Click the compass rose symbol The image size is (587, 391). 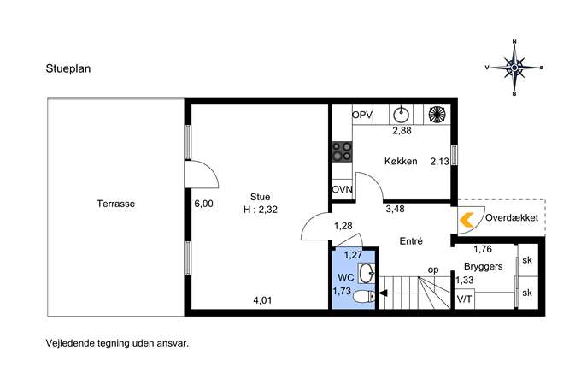514,68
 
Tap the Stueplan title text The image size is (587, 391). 68,69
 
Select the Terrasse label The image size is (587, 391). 115,204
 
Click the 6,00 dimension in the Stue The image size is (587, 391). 203,204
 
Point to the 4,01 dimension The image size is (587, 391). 262,300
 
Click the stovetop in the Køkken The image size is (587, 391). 342,151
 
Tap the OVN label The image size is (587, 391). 342,190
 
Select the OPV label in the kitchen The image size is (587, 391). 362,115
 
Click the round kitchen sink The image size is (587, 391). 401,115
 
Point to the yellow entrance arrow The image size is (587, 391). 467,220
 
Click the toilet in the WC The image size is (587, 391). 364,297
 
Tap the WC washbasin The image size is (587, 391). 367,273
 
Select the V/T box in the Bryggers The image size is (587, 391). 465,299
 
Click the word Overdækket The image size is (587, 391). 512,217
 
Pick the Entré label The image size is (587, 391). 411,241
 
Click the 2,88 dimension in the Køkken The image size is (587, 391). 402,130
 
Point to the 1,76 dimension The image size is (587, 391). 483,249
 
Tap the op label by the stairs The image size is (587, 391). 433,270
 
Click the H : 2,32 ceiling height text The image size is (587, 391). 261,210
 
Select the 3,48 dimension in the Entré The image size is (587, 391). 396,209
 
